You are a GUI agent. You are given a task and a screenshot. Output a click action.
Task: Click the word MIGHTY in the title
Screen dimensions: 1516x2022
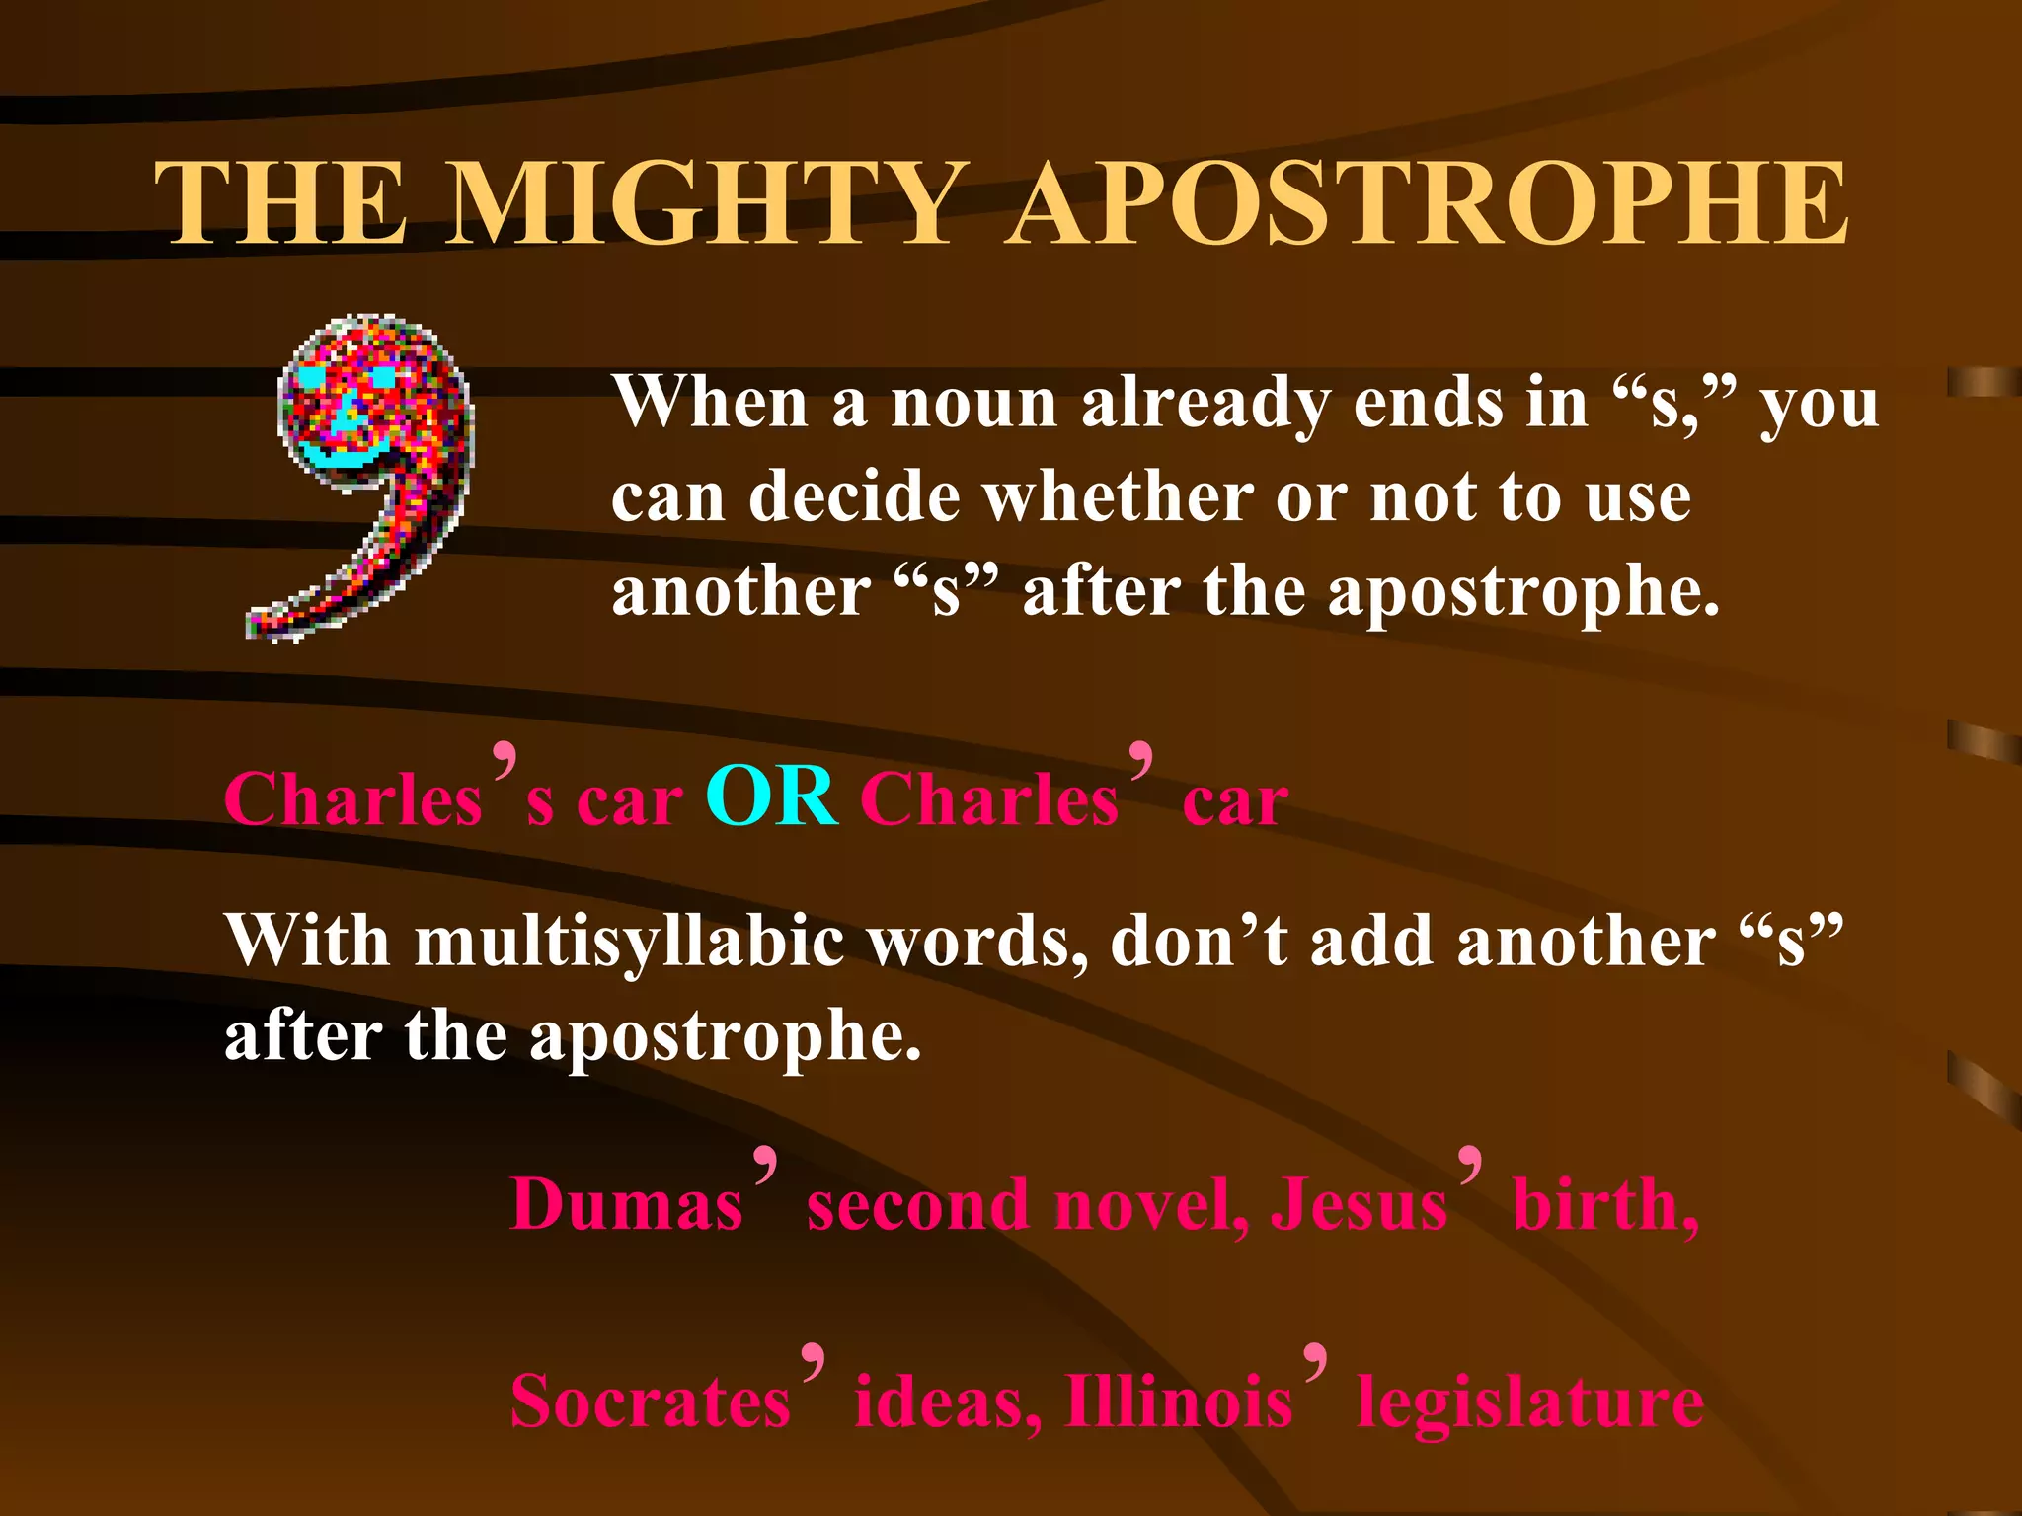click(x=707, y=204)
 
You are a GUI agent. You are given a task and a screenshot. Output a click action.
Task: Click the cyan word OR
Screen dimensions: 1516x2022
click(x=772, y=797)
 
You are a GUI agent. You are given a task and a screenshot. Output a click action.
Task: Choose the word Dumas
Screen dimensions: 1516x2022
click(x=626, y=1206)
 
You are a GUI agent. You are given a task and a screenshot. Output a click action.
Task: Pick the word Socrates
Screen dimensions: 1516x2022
click(x=650, y=1402)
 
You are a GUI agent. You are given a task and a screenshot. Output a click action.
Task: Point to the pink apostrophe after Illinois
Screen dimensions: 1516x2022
click(x=1315, y=1361)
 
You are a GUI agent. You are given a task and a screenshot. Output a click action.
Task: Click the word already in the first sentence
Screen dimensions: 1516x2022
click(x=1205, y=406)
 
